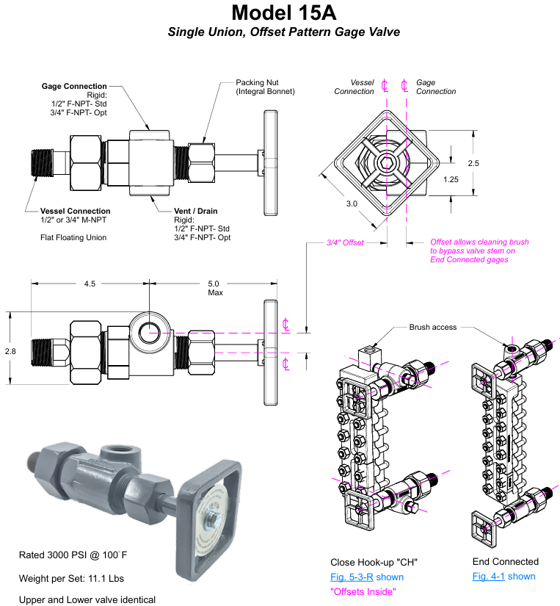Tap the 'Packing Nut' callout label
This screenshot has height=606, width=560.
(x=258, y=82)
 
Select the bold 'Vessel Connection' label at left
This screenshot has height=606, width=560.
(x=76, y=211)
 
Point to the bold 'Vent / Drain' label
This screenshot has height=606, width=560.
(x=196, y=211)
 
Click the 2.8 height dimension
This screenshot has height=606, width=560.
(x=10, y=352)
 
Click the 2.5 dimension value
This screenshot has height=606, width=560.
(x=473, y=163)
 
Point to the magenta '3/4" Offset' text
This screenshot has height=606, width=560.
(x=346, y=242)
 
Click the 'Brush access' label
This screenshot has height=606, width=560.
(x=432, y=328)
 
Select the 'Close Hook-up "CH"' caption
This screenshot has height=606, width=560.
(x=373, y=562)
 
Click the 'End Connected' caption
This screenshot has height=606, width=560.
(x=505, y=562)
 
